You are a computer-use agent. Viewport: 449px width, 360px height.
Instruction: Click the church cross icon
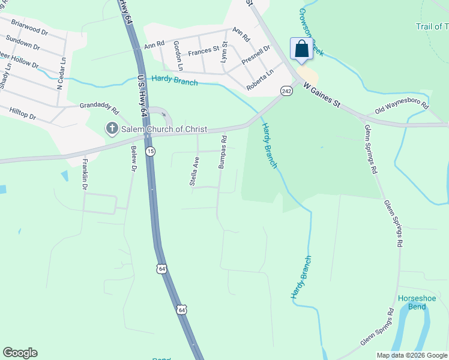111,128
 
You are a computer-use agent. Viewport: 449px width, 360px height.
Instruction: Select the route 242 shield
286,90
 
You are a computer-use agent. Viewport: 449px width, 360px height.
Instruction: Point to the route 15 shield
150,152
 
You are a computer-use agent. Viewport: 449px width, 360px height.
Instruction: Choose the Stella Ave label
194,172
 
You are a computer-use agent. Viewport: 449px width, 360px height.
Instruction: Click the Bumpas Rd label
222,151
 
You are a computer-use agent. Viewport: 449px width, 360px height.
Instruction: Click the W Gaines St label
321,95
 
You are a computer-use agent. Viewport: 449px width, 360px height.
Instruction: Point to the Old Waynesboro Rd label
402,109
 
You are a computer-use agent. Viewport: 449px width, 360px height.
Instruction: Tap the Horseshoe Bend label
412,303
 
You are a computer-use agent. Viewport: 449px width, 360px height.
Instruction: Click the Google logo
20,353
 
